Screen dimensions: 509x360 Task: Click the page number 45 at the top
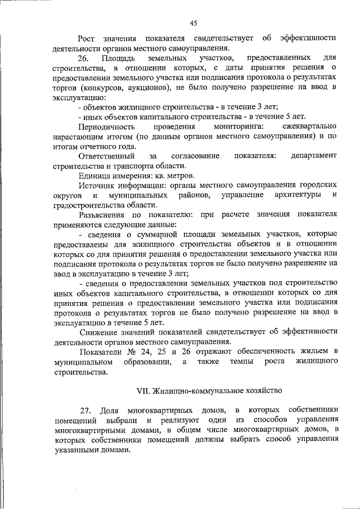pos(193,23)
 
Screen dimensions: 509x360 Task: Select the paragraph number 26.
pos(83,58)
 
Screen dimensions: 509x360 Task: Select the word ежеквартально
pos(310,128)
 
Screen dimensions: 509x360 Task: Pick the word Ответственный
pos(106,155)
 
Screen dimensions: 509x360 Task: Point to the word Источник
pos(97,185)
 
